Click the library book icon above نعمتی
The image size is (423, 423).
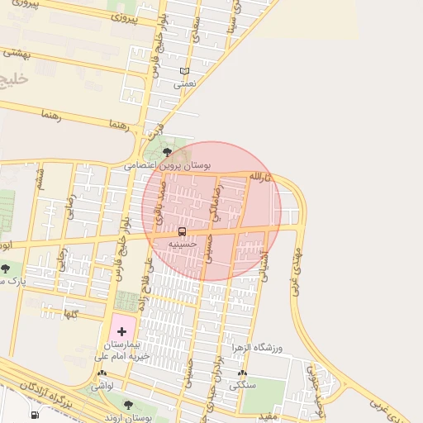184,72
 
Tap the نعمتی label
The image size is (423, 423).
184,83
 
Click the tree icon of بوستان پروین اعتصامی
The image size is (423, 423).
168,152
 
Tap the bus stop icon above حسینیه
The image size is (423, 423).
182,231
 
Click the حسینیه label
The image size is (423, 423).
182,244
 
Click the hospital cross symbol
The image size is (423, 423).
121,330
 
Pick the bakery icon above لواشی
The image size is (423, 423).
102,373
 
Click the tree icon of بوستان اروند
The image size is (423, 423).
127,403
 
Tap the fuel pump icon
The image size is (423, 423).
34,415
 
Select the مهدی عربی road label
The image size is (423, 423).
296,269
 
